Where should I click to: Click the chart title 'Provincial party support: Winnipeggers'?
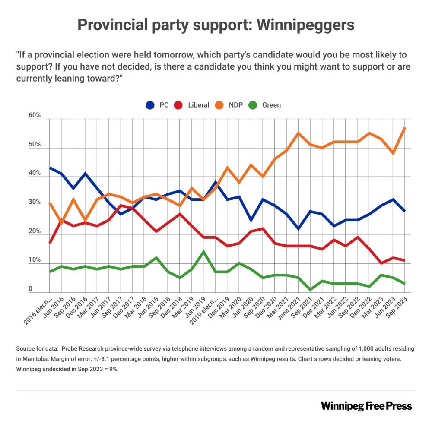[x=216, y=25]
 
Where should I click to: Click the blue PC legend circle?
[x=151, y=105]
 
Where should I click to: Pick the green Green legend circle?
[x=254, y=105]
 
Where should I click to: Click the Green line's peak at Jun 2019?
[x=203, y=252]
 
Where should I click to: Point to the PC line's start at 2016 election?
[x=50, y=168]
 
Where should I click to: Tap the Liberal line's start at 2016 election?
[x=50, y=243]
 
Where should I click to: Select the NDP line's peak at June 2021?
[x=299, y=133]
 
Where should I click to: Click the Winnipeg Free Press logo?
[x=366, y=406]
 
